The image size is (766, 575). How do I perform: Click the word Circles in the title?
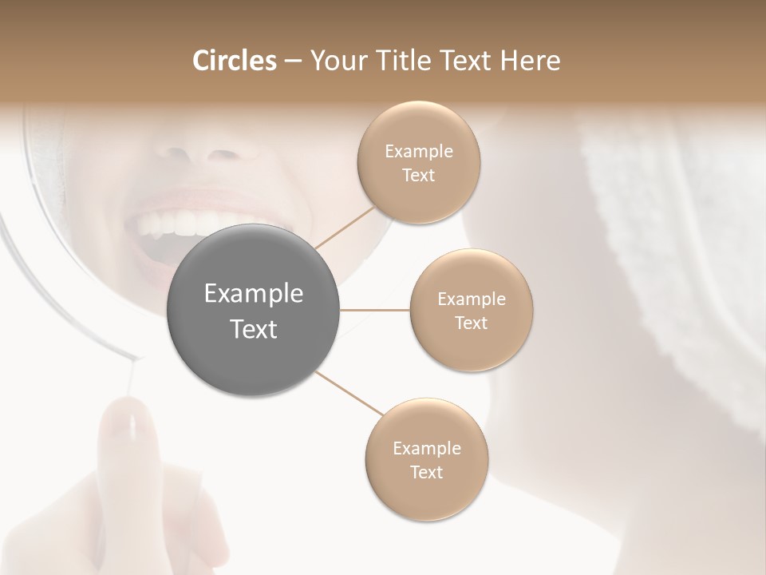(235, 61)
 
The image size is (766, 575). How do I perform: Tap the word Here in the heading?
(531, 61)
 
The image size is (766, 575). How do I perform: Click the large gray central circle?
(254, 310)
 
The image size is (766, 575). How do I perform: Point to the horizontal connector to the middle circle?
(375, 309)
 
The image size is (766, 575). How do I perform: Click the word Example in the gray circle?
(254, 294)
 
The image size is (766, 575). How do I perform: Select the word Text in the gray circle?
(254, 329)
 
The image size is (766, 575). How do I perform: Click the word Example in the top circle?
(418, 151)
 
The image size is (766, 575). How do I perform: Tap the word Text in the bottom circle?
(427, 472)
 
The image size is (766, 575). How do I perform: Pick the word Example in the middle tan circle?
(472, 299)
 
